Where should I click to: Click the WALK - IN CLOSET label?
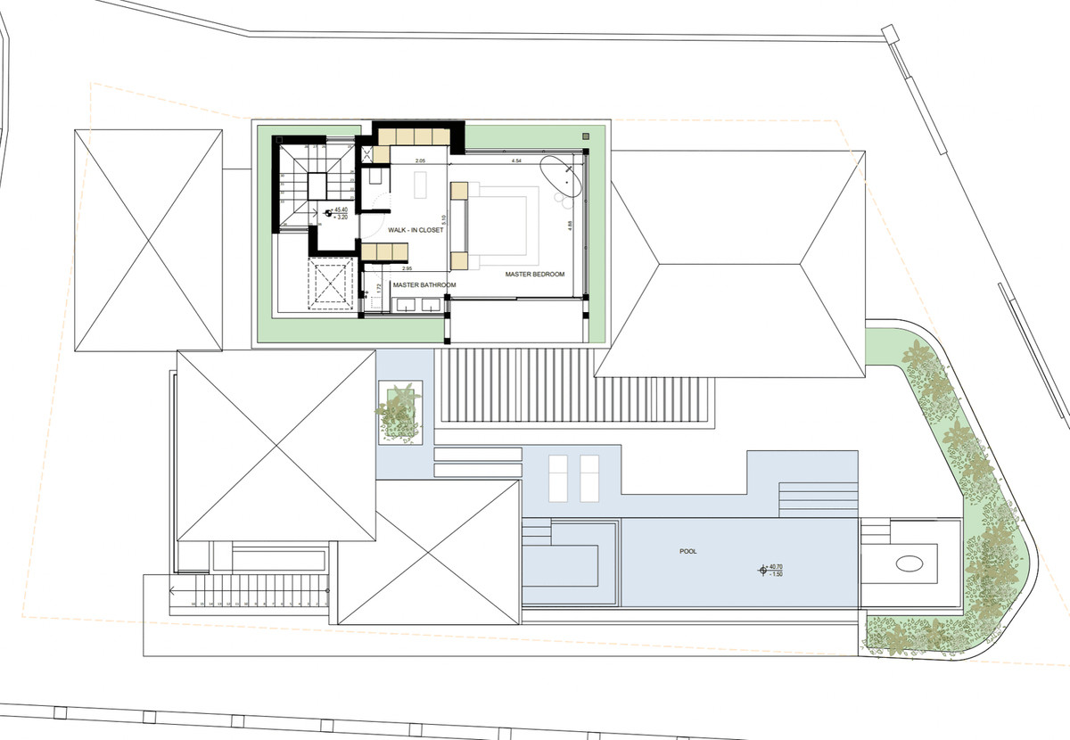click(x=410, y=230)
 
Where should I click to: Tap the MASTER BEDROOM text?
click(x=535, y=274)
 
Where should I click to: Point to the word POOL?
click(x=687, y=552)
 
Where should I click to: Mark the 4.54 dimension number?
click(x=516, y=161)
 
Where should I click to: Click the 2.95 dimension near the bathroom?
click(x=407, y=268)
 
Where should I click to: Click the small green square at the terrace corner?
click(x=585, y=137)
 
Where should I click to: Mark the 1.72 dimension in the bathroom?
click(x=378, y=287)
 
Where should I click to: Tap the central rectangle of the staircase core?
click(x=319, y=187)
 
